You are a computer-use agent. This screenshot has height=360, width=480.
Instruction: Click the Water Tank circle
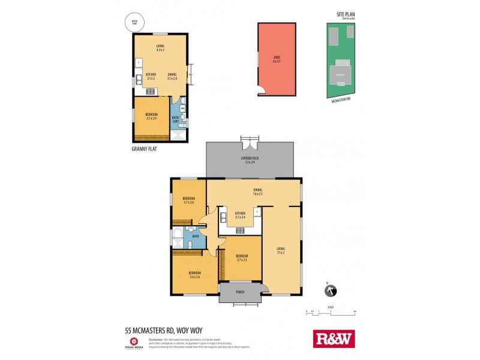coord(130,23)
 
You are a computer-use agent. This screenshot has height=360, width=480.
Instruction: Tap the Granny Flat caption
coord(144,149)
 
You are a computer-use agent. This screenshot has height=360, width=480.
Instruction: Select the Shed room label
coord(277,58)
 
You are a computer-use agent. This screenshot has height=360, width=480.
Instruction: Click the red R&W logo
coord(334,339)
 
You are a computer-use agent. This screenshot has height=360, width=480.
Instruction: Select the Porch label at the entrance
coord(240,293)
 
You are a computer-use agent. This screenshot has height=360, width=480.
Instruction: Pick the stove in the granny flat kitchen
coord(150,91)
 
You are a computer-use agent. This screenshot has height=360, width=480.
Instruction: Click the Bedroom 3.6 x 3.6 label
coord(194,275)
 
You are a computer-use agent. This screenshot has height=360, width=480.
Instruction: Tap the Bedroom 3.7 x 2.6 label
coord(188,200)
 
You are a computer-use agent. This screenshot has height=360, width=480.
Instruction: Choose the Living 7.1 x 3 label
coord(281,250)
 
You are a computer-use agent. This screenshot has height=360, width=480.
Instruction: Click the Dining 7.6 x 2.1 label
coord(257,192)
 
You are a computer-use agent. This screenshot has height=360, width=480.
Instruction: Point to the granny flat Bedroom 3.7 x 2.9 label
coord(151,116)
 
